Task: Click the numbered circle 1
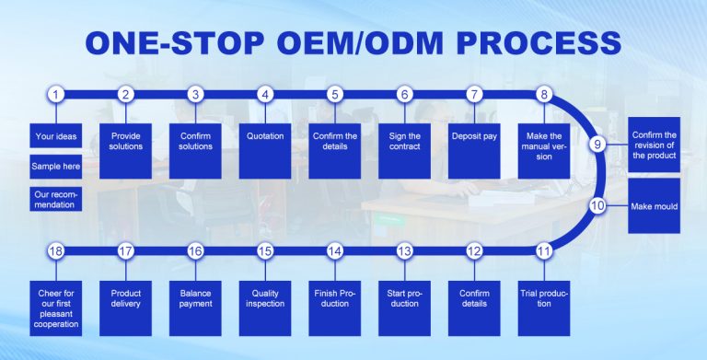click(x=57, y=94)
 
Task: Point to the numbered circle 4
click(x=265, y=94)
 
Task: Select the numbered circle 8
click(x=544, y=94)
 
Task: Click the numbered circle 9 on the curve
click(x=597, y=144)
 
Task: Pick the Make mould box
click(x=655, y=207)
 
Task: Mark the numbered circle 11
click(x=544, y=250)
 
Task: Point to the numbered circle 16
click(x=195, y=250)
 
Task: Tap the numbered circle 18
click(x=57, y=250)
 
